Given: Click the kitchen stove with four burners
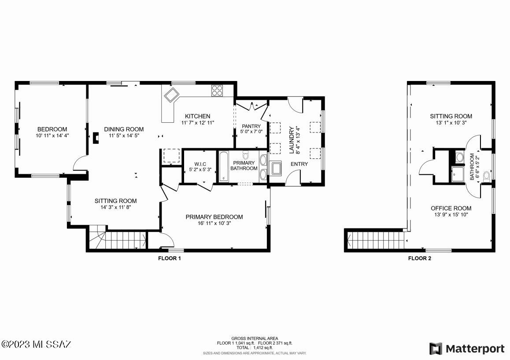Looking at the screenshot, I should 217,90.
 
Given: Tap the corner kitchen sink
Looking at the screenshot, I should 171,94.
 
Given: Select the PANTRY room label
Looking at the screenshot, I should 251,126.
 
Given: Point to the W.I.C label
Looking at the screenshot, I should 194,164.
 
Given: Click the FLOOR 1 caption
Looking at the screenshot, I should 170,258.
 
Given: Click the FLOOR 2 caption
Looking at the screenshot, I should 420,258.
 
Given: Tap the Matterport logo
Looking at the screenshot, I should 467,349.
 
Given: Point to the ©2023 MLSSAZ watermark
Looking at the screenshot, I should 36,344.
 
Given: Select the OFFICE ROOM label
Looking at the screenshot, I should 451,208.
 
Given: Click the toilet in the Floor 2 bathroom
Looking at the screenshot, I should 487,177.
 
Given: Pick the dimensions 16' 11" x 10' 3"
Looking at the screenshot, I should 214,223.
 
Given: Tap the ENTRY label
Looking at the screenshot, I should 299,164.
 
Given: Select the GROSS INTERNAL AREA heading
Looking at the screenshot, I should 255,338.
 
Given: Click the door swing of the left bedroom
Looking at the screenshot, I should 80,164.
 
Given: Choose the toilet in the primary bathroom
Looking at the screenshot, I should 246,155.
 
